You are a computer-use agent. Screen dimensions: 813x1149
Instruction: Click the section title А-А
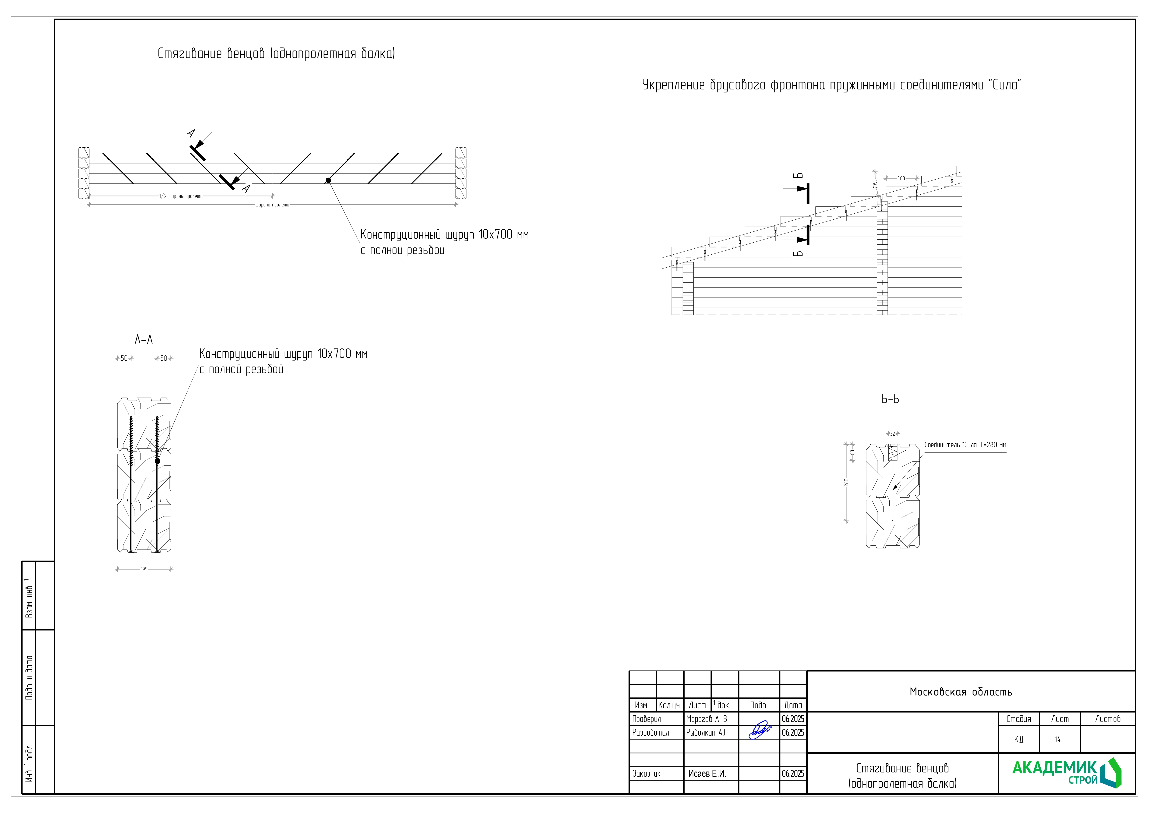click(x=144, y=339)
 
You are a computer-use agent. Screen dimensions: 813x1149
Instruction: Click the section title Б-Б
click(x=890, y=399)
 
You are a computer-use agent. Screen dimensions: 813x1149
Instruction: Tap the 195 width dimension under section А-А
click(x=144, y=569)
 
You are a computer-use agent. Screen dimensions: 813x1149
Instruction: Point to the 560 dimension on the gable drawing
click(x=901, y=178)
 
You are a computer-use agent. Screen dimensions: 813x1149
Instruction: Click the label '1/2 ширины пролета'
click(x=181, y=196)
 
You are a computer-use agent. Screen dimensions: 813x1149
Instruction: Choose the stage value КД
click(x=1018, y=739)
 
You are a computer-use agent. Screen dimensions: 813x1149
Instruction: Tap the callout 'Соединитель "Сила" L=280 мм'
click(x=965, y=445)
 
